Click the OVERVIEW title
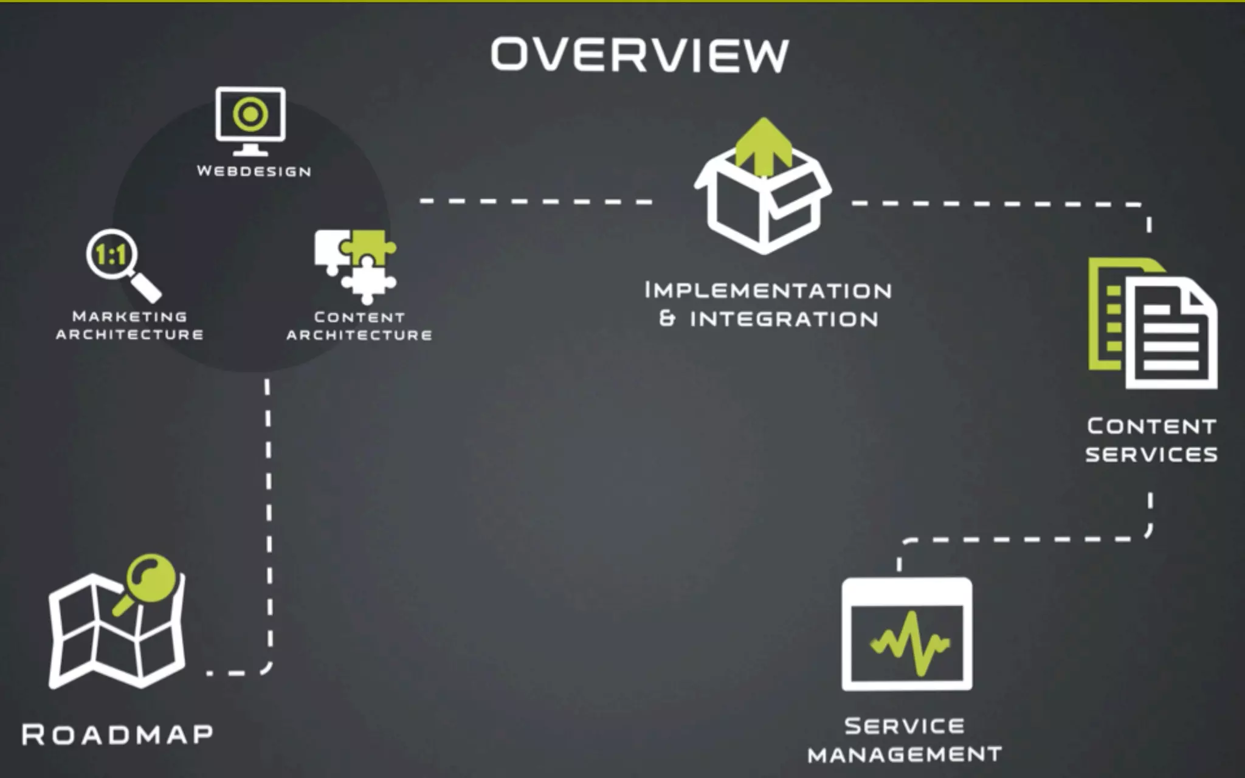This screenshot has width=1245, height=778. (x=640, y=55)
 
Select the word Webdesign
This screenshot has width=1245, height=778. (x=254, y=171)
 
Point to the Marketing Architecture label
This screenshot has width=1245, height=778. (x=129, y=325)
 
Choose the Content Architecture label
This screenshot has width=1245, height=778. (x=359, y=326)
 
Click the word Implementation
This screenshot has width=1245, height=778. (x=768, y=291)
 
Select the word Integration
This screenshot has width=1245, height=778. (x=784, y=319)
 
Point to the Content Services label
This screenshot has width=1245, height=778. (x=1151, y=440)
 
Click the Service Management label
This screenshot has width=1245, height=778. (x=905, y=740)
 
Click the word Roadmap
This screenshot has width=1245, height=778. (x=118, y=734)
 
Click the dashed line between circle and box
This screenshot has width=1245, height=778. (x=535, y=201)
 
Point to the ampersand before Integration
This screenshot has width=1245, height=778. (x=667, y=318)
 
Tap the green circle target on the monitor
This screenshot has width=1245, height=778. (x=250, y=114)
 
